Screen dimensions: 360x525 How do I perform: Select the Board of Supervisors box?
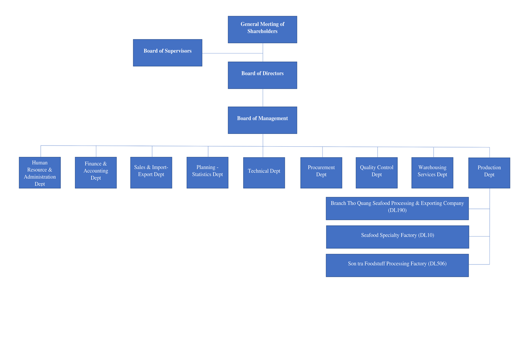tap(167, 53)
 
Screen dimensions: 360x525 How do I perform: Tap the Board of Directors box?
tap(262, 75)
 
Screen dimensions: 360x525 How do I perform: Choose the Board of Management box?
tap(262, 120)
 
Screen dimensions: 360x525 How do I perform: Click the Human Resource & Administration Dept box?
tap(40, 173)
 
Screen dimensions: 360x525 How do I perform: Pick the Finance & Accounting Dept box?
tap(96, 173)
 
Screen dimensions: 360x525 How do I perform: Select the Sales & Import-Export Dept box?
tap(151, 173)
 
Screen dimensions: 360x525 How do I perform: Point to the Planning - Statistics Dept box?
tap(207, 173)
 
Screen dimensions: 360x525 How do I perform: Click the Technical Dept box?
tap(264, 173)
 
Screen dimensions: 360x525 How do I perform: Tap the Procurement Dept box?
tap(321, 173)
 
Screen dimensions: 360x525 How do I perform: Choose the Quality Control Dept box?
tap(376, 173)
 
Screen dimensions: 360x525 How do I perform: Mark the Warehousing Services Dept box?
tap(432, 173)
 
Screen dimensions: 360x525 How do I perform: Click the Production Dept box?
tap(489, 173)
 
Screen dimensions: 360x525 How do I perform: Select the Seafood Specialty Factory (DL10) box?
tap(397, 237)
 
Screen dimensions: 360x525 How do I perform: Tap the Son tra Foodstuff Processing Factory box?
tap(397, 266)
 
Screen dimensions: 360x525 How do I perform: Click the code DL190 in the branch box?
tap(397, 210)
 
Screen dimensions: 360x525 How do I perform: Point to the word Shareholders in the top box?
tap(262, 31)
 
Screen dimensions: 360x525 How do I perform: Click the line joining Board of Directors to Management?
tap(263, 98)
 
